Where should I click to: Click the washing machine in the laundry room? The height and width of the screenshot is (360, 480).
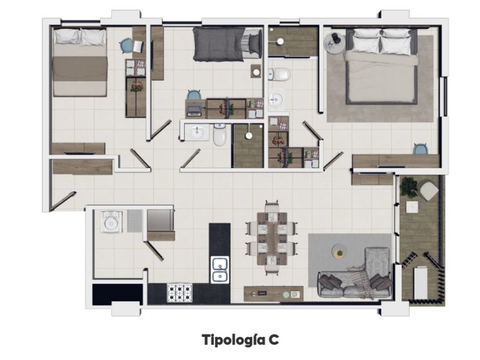coord(111,222)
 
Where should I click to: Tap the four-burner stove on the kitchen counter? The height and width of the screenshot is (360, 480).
coord(180,292)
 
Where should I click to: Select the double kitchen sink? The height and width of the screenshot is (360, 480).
coord(220,269)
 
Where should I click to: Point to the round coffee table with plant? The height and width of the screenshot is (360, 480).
coord(339,251)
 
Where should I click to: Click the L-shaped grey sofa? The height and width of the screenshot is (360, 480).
coord(357,279)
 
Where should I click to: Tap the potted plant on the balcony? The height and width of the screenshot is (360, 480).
coord(409,185)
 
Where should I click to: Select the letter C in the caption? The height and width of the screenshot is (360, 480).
coord(274,339)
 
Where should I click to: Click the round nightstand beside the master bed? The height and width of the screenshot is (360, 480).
coord(335,43)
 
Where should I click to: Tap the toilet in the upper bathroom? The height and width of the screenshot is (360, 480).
coord(279,74)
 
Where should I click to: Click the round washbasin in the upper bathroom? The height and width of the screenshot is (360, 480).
coord(276,99)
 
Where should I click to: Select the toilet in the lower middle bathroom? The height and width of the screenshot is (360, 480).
coord(219,134)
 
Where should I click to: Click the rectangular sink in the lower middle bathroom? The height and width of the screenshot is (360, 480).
coord(197,132)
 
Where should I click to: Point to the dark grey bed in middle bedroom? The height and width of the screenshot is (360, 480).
coord(228,44)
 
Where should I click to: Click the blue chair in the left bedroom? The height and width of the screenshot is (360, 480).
coord(126,46)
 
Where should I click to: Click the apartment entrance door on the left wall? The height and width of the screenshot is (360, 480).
coord(62,201)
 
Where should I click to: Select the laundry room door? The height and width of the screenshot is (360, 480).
coord(154,251)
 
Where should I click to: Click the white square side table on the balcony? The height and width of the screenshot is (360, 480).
coord(412,207)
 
